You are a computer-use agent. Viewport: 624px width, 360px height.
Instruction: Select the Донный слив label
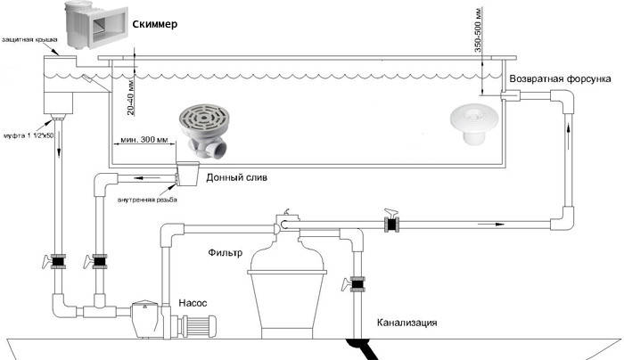235,177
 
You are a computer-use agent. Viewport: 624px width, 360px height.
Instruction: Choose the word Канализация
406,323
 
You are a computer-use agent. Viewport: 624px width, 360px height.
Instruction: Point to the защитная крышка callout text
31,39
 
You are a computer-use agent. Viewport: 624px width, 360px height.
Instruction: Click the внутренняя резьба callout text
146,199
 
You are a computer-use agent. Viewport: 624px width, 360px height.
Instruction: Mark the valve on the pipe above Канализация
357,285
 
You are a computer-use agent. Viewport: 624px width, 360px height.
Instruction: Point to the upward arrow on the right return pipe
568,134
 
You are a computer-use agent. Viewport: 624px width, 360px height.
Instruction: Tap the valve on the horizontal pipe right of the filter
390,225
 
